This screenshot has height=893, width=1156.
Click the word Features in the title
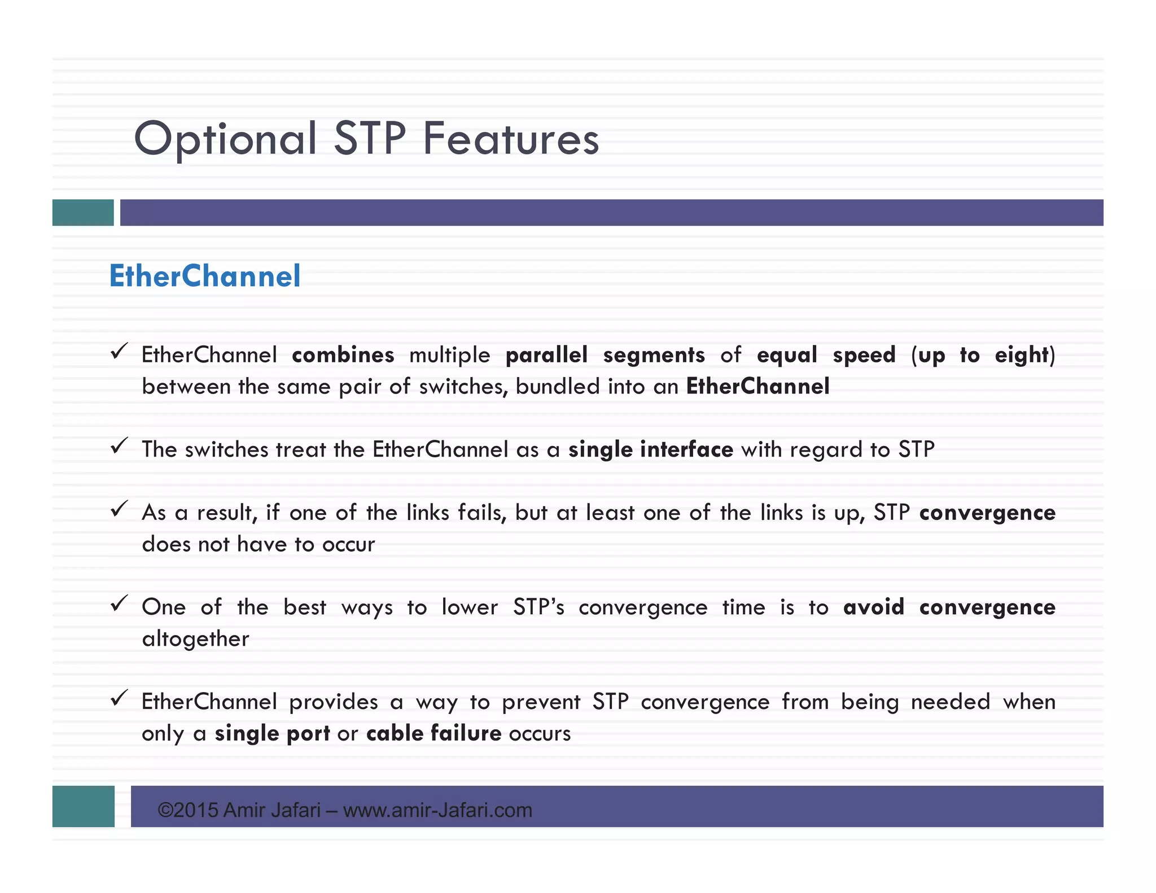[x=510, y=139]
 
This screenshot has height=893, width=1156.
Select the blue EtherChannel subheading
[x=204, y=276]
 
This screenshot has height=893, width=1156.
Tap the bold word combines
[x=343, y=355]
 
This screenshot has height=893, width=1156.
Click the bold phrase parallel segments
[x=605, y=355]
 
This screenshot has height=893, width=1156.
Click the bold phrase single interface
[x=650, y=449]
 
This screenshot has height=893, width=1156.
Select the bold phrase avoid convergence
[x=948, y=607]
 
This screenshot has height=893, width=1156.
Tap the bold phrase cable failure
[x=433, y=733]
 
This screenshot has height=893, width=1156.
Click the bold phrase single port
[x=272, y=733]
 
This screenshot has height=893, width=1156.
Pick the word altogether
[x=195, y=639]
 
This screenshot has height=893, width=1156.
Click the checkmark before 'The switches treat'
[x=119, y=446]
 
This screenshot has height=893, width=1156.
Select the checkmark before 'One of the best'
[x=119, y=604]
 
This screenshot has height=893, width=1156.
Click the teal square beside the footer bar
[x=83, y=806]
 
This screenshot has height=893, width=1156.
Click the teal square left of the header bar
[x=82, y=212]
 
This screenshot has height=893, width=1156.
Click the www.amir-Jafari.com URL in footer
[x=437, y=810]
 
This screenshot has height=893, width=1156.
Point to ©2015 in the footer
[x=187, y=810]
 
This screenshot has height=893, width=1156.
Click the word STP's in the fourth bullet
[x=538, y=607]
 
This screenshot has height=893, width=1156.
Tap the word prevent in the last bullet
[x=541, y=702]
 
